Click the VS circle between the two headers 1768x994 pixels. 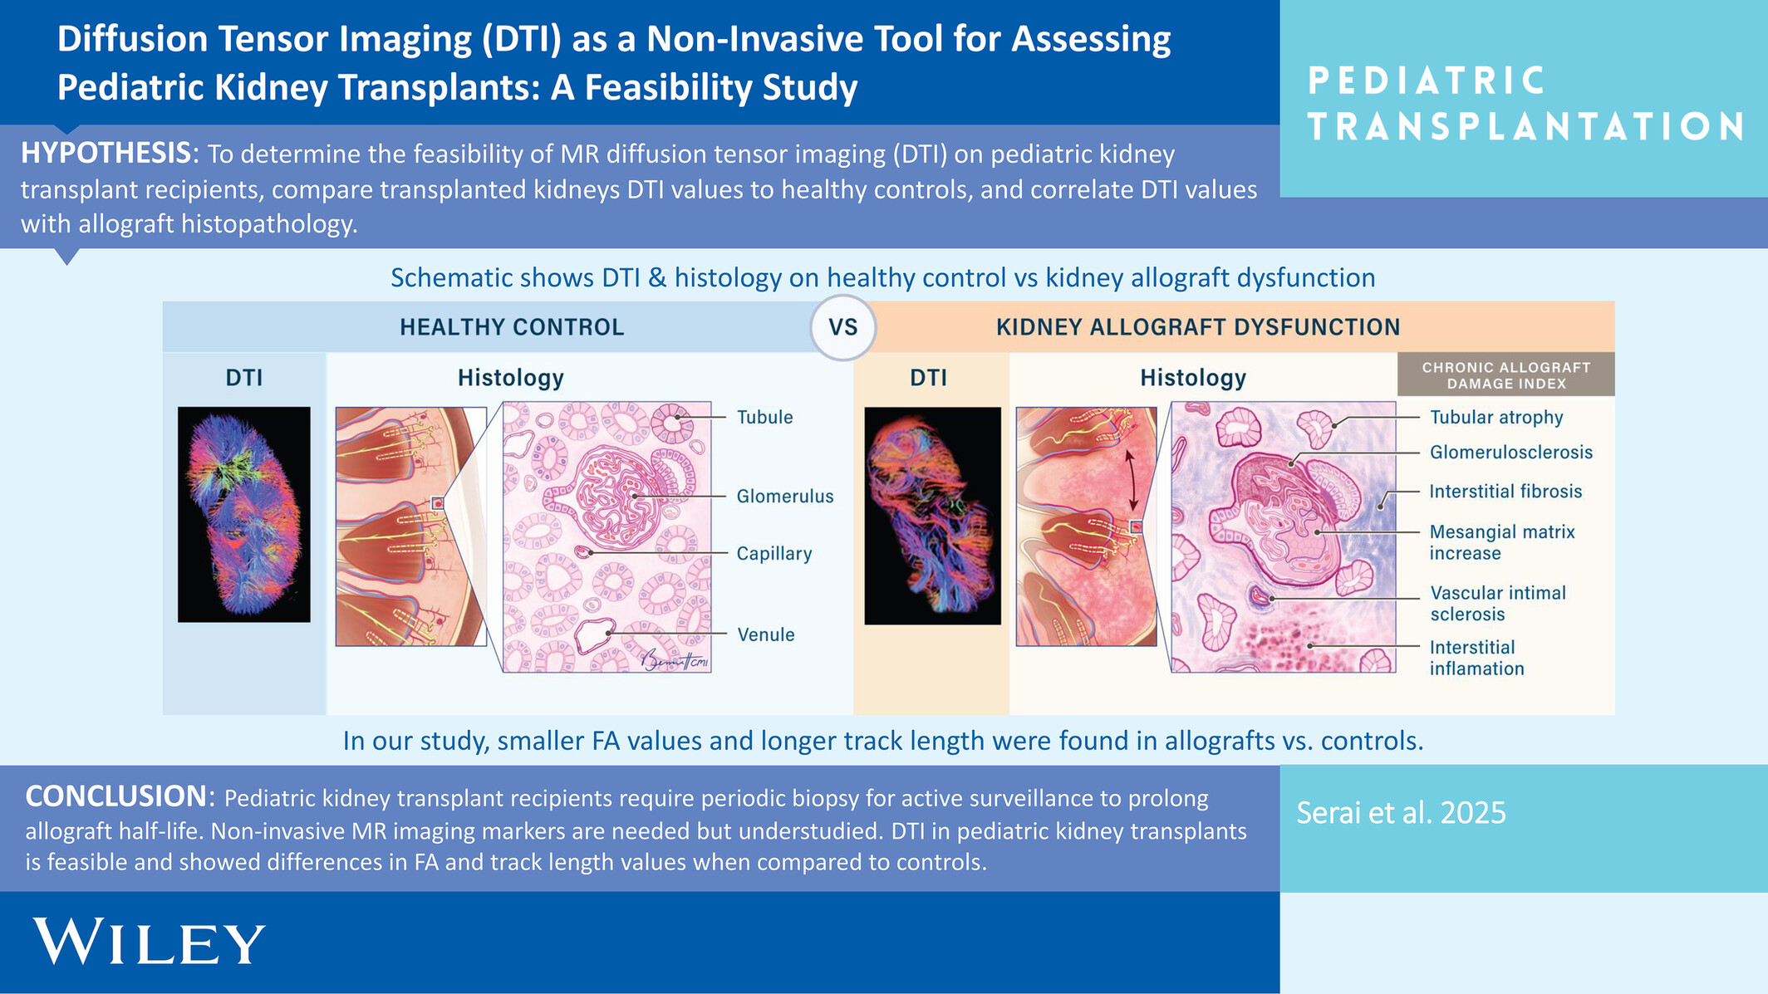point(843,327)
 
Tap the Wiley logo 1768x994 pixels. point(150,942)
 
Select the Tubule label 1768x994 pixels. point(764,417)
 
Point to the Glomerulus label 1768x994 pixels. point(785,496)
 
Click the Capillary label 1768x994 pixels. point(774,554)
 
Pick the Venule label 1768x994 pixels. point(766,634)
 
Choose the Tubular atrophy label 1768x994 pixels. point(1496,418)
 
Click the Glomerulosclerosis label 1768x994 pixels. point(1511,453)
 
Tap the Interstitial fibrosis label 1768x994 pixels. point(1505,492)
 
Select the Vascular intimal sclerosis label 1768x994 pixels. point(1498,604)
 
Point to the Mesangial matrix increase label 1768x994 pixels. point(1502,542)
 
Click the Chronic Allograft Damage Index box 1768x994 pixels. point(1506,375)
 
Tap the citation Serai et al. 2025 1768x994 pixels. point(1401,812)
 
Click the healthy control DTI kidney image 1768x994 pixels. point(244,515)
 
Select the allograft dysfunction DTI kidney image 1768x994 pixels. point(933,516)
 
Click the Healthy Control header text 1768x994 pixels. point(512,327)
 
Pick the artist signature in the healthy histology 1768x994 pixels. point(674,659)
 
